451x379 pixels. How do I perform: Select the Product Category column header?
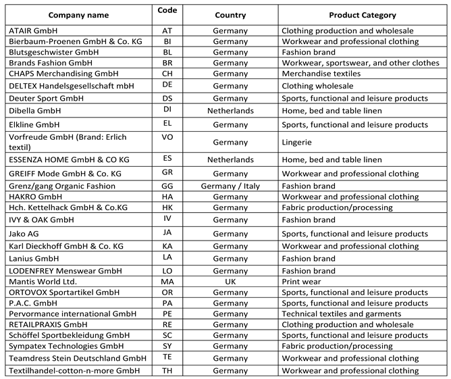tap(363, 15)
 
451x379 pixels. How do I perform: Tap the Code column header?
tap(167, 11)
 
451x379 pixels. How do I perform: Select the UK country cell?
tap(230, 282)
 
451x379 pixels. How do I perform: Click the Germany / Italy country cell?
tap(230, 186)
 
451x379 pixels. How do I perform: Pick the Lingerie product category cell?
tap(297, 143)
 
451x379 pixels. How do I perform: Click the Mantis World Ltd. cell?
tap(43, 282)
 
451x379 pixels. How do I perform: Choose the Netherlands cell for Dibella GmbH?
tap(230, 110)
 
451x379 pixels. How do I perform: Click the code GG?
tap(167, 185)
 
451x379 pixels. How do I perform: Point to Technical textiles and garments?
tap(341, 313)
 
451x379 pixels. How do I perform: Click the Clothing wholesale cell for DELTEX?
tap(317, 86)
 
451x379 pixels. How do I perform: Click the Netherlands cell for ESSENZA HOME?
tap(230, 159)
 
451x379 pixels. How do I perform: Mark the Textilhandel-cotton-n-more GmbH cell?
tap(74, 371)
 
